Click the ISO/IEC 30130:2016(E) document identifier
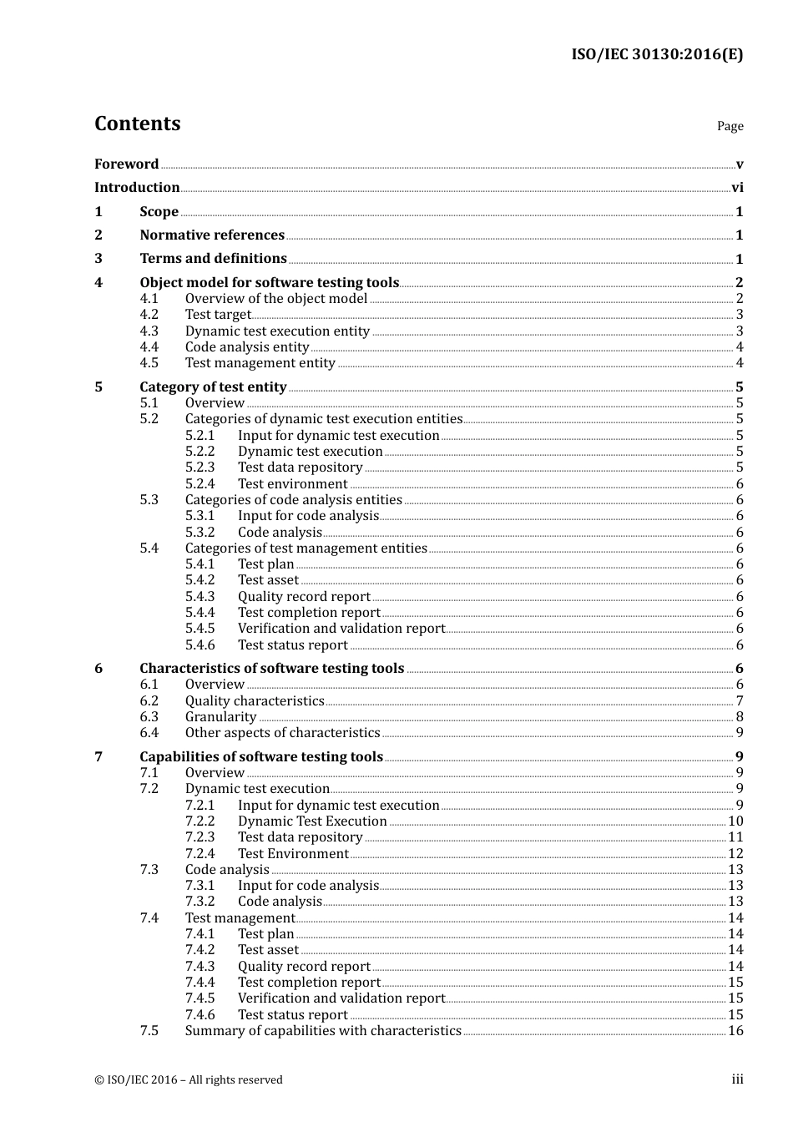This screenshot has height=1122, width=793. click(x=656, y=55)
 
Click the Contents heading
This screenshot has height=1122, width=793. click(x=137, y=124)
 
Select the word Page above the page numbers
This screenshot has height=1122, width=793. click(x=730, y=126)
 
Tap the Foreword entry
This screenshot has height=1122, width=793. click(x=126, y=164)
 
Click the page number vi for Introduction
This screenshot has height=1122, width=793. click(x=737, y=188)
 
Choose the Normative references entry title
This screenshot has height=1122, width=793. click(x=212, y=235)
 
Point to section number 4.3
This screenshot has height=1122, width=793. click(x=149, y=331)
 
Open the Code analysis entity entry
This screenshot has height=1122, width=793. click(x=247, y=347)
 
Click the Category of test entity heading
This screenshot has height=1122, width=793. click(x=213, y=387)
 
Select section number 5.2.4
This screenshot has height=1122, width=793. click(x=200, y=484)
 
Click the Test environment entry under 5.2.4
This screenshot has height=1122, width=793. click(x=292, y=484)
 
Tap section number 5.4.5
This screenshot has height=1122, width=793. click(x=200, y=629)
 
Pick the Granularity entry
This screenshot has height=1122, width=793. click(x=220, y=717)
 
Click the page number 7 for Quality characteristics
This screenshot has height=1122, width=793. click(x=740, y=701)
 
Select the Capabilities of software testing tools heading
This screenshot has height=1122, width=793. click(x=261, y=757)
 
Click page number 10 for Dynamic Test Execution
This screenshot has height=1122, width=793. click(x=735, y=821)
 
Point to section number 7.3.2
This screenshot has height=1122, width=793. click(x=200, y=902)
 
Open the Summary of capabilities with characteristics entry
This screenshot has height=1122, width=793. click(x=323, y=1031)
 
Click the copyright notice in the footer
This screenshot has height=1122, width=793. click(x=189, y=1079)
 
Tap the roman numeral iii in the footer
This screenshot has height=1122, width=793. click(x=737, y=1079)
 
